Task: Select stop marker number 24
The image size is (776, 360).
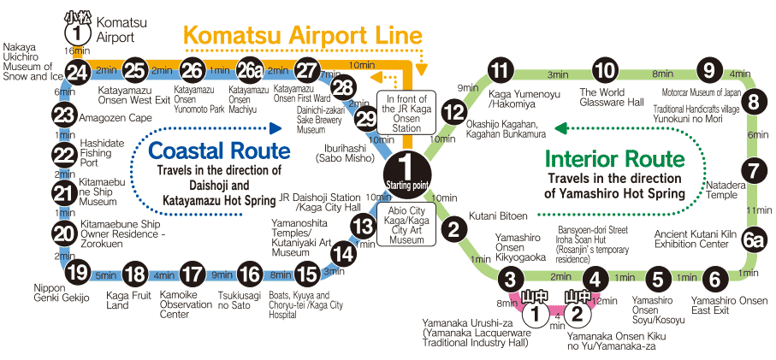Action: [78, 71]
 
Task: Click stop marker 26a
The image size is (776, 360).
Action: [249, 71]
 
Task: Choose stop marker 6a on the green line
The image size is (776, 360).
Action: [753, 240]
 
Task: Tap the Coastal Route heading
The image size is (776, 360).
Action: [220, 151]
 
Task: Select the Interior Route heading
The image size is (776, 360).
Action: [615, 159]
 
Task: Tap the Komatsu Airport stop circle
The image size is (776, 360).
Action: [78, 33]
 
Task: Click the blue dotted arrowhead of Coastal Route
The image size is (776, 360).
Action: [275, 129]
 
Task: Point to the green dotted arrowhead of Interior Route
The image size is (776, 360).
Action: [560, 129]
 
